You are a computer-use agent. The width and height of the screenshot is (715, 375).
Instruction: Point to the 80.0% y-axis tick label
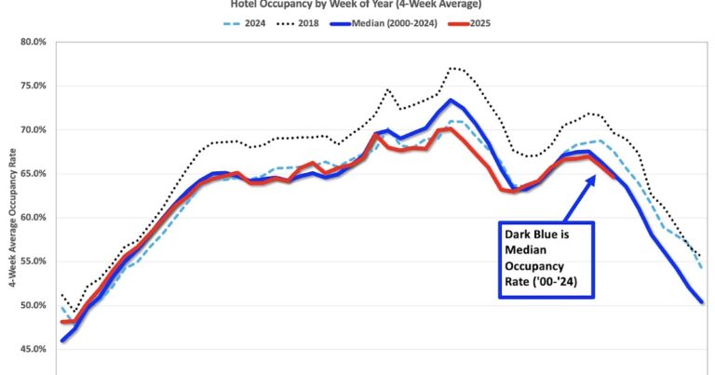pyautogui.click(x=32, y=42)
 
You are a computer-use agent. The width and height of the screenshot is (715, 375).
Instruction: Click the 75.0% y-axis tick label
pyautogui.click(x=32, y=86)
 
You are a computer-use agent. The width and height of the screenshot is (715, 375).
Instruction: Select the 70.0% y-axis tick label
pyautogui.click(x=32, y=129)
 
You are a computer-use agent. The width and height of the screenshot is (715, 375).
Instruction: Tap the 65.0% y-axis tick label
pyautogui.click(x=32, y=173)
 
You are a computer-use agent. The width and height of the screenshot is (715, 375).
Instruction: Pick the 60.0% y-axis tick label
pyautogui.click(x=32, y=217)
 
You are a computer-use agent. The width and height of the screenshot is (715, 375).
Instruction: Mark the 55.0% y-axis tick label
pyautogui.click(x=32, y=261)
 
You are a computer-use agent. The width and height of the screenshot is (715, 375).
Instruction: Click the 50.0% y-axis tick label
pyautogui.click(x=32, y=305)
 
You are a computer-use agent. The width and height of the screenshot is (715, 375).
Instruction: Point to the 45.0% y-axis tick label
pyautogui.click(x=32, y=349)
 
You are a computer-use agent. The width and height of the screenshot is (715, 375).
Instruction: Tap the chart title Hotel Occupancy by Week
pyautogui.click(x=357, y=5)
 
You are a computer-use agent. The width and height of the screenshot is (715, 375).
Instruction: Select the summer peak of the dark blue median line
pyautogui.click(x=450, y=100)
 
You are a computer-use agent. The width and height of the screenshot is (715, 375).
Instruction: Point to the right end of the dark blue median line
pyautogui.click(x=701, y=302)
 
